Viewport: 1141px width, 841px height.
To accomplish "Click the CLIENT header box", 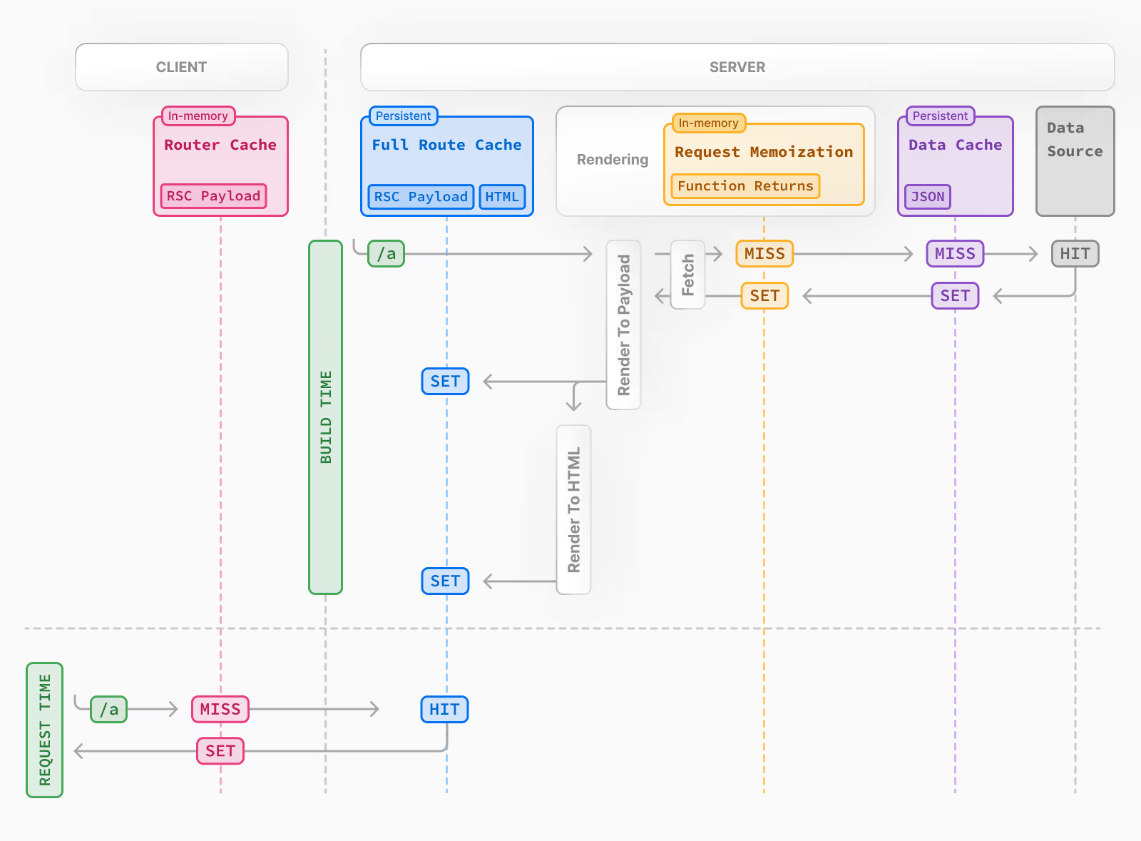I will coord(181,67).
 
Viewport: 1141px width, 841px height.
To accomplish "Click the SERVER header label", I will coord(737,67).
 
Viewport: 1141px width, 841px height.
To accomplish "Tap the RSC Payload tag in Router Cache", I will coord(213,196).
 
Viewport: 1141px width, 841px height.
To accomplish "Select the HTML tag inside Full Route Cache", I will coord(502,197).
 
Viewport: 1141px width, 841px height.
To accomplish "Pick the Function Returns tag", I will coord(745,186).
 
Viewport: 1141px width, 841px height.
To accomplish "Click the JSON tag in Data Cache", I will coord(927,197).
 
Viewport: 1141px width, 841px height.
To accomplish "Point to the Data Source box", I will coord(1075,161).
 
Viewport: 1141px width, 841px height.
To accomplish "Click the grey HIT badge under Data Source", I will coord(1075,254).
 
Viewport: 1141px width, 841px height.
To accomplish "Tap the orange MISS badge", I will coord(764,254).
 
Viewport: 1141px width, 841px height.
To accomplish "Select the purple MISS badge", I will coord(955,254).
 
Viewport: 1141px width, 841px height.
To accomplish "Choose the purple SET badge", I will coord(955,296).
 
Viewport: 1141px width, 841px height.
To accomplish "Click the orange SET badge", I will coord(764,296).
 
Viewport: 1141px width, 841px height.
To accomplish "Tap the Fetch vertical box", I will coord(687,275).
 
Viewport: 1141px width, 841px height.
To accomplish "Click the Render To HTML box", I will coord(573,509).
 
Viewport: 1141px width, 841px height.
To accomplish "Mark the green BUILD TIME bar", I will coord(325,417).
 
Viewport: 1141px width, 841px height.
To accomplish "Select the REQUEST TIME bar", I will coord(44,730).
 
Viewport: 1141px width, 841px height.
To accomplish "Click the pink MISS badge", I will coord(220,709).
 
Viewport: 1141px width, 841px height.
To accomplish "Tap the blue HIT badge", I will coord(444,710).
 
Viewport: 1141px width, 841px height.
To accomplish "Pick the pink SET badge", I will coord(220,751).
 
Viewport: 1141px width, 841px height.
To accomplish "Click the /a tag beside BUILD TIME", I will coord(386,254).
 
